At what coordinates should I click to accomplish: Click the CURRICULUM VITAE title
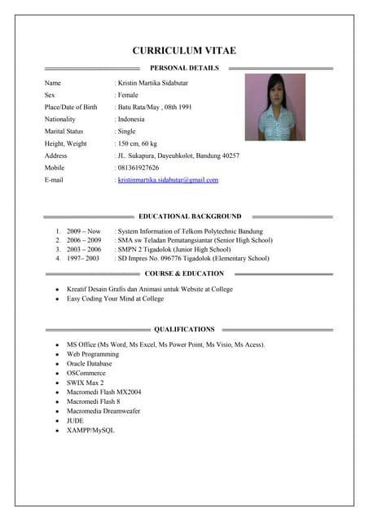[x=184, y=50]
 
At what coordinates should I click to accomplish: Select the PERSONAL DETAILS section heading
[x=184, y=68]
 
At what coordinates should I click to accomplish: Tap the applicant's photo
[x=275, y=107]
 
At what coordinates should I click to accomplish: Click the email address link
[x=168, y=179]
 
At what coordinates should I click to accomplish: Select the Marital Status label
[x=64, y=131]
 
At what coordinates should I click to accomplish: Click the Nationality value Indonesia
[x=131, y=119]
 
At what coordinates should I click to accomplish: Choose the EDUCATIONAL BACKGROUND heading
[x=190, y=217]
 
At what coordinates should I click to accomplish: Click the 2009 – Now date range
[x=84, y=231]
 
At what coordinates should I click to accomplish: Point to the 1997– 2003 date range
[x=83, y=258]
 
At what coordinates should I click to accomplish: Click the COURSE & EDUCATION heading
[x=184, y=274]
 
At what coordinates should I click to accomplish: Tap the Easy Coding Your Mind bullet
[x=115, y=299]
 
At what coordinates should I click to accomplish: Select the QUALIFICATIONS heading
[x=184, y=330]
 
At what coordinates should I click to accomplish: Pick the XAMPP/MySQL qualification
[x=90, y=430]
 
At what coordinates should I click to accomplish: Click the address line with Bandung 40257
[x=178, y=155]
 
